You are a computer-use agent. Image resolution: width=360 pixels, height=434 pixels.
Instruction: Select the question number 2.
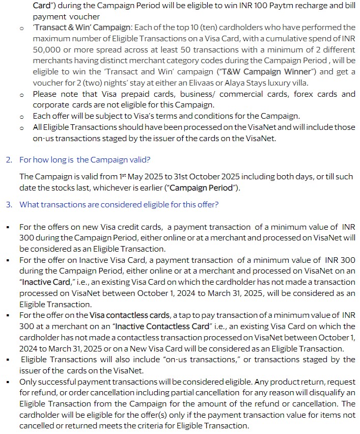9,160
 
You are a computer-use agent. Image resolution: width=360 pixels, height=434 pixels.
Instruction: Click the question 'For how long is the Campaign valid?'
85,160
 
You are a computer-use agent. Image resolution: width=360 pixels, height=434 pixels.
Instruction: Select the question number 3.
9,205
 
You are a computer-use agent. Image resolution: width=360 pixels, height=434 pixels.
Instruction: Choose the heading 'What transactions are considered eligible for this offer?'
119,205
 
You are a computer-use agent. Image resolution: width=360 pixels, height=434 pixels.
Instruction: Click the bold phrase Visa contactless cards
129,315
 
